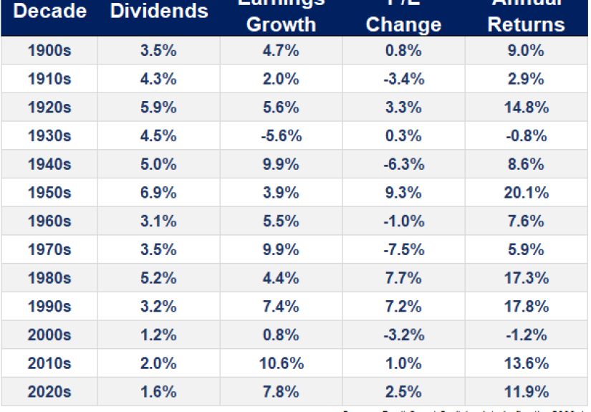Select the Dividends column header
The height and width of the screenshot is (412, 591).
click(159, 11)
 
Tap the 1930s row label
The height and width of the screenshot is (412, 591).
click(49, 136)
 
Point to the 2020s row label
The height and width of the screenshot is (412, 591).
click(49, 392)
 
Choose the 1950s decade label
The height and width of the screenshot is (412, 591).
click(49, 193)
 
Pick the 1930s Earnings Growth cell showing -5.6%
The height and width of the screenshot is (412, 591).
click(281, 136)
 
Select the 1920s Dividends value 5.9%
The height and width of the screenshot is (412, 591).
click(159, 107)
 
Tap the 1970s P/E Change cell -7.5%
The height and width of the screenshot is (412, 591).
click(403, 250)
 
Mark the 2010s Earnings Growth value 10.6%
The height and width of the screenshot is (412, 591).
click(281, 363)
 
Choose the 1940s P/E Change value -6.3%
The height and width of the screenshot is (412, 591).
click(403, 165)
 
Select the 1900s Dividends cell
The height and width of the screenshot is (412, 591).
click(159, 51)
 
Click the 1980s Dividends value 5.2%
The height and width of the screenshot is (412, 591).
click(159, 278)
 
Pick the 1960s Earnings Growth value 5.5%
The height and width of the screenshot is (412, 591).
click(281, 221)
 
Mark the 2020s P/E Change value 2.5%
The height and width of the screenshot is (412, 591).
click(403, 392)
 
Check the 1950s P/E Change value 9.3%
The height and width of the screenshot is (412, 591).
click(403, 193)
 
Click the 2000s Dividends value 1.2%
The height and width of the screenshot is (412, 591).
click(159, 335)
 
